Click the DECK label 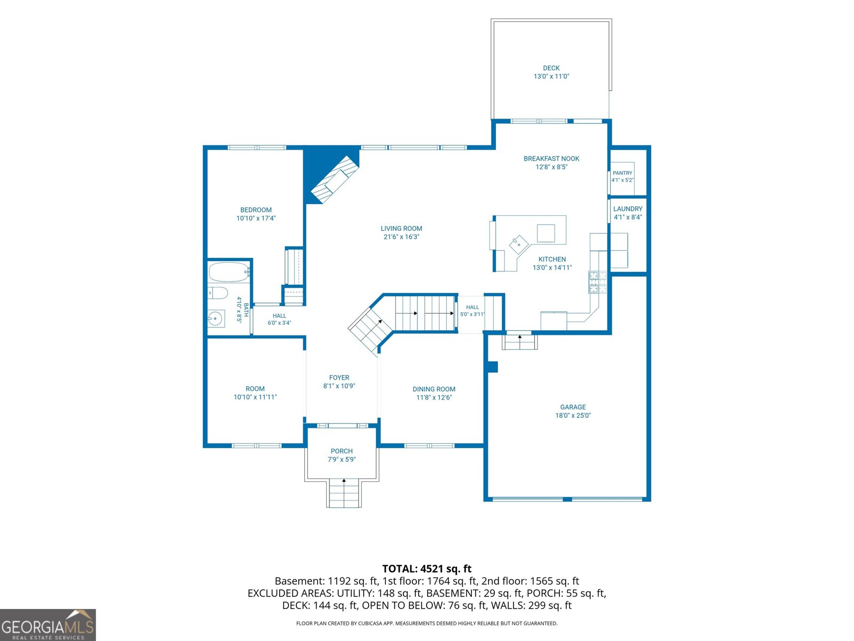[x=551, y=68]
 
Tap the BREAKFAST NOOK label [x=551, y=159]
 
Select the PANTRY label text [x=622, y=173]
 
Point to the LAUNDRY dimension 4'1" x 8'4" [x=628, y=217]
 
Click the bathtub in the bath [x=228, y=272]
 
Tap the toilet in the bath [x=217, y=293]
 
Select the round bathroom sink [x=216, y=319]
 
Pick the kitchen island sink [x=518, y=245]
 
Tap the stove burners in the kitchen [x=597, y=282]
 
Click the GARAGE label [x=573, y=407]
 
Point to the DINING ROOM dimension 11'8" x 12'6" [x=433, y=397]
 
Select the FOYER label [x=339, y=378]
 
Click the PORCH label [x=342, y=451]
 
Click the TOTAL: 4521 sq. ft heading [x=427, y=568]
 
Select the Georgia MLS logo [x=48, y=625]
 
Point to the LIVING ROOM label [x=401, y=229]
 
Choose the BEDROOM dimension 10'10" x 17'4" [x=256, y=218]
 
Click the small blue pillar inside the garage [x=493, y=366]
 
